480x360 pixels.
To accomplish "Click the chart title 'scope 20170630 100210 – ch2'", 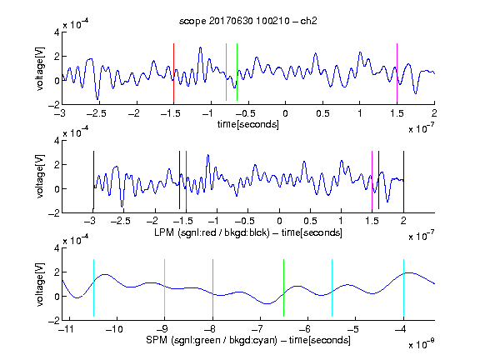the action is [248, 21].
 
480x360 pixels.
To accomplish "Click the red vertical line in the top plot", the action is [173, 72].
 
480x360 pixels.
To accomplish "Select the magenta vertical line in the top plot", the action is [397, 72].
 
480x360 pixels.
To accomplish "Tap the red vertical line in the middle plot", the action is [186, 180].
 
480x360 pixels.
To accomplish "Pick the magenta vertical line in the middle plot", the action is [372, 180].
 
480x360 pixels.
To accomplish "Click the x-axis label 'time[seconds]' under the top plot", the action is [248, 124].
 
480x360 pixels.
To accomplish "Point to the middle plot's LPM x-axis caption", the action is [248, 232].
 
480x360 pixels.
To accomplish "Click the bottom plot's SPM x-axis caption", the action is [248, 340].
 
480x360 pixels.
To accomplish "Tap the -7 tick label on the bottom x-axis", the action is [259, 329].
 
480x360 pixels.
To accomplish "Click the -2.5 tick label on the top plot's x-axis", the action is [96, 113].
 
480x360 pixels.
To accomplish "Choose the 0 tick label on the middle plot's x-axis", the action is [279, 221].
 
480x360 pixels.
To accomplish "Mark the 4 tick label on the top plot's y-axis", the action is [57, 32].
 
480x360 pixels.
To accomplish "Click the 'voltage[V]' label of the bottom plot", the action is [40, 284].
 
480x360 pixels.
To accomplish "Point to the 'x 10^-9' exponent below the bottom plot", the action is [422, 344].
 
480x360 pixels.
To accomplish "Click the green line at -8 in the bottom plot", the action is [212, 287].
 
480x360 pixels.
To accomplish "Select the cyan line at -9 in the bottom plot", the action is [165, 287].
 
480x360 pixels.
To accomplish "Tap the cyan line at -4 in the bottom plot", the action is [404, 287].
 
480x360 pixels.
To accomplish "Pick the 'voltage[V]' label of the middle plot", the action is [40, 177].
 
